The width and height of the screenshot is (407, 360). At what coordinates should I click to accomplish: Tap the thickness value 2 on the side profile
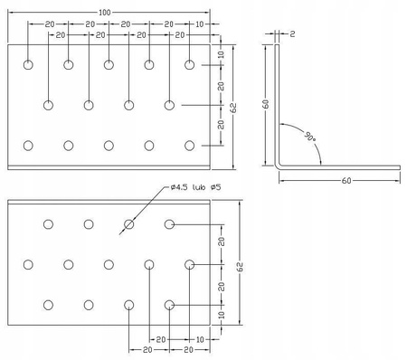[x=293, y=34]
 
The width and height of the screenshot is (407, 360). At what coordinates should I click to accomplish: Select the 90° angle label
[x=310, y=137]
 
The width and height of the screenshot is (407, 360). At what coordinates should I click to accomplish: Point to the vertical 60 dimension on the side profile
[x=265, y=104]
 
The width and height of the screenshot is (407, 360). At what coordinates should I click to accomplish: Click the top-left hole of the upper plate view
[x=29, y=65]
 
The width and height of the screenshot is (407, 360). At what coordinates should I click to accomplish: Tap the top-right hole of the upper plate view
[x=190, y=65]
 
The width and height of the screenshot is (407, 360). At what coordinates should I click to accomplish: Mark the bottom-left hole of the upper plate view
[x=29, y=145]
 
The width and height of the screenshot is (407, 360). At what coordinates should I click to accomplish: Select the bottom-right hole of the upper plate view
[x=190, y=145]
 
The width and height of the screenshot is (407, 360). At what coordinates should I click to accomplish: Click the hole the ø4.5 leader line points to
[x=129, y=223]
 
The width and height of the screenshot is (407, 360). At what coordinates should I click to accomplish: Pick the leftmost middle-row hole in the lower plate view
[x=29, y=264]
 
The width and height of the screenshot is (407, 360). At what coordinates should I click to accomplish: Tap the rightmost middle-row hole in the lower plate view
[x=190, y=264]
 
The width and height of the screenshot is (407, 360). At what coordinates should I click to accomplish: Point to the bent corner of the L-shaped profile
[x=279, y=166]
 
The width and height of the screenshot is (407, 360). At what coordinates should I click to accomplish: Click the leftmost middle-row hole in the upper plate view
[x=49, y=105]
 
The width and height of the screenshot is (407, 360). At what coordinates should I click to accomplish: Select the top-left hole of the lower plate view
[x=49, y=223]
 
